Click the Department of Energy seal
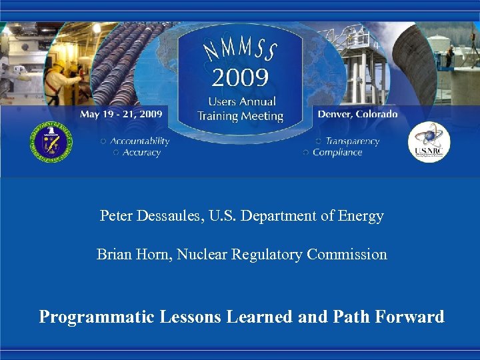pos(51,141)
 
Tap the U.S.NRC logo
pos(429,142)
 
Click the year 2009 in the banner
pos(240,79)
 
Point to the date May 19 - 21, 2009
pos(121,114)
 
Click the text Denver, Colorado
pos(357,114)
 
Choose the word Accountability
pos(140,141)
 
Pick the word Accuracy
pos(141,153)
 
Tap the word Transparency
pos(353,141)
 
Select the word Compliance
pos(337,153)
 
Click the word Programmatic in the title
pos(97,317)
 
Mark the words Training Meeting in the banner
pos(240,116)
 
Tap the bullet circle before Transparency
pos(318,141)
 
